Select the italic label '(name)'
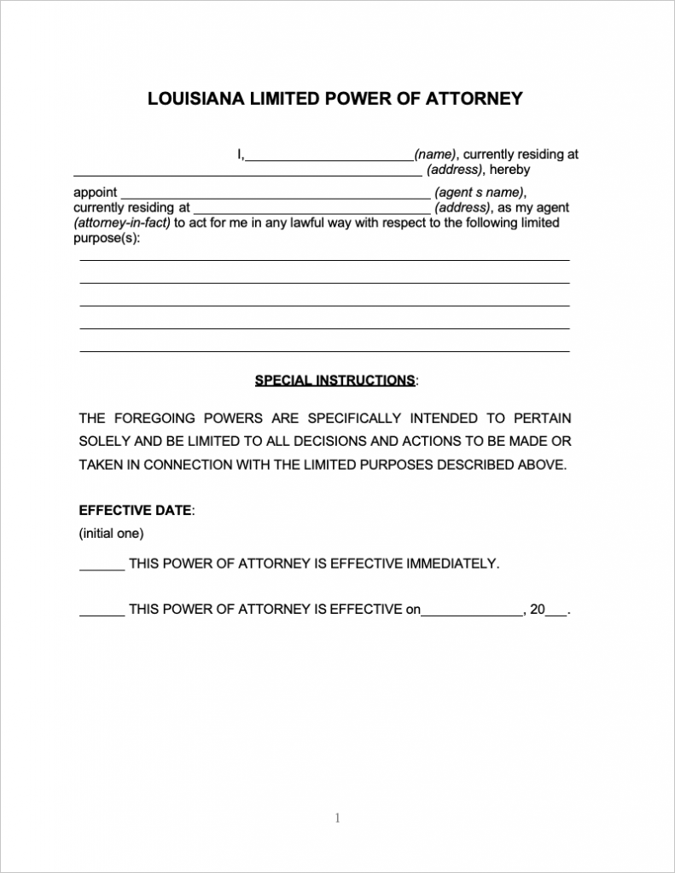[x=435, y=155]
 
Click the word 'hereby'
[x=509, y=170]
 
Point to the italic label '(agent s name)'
[x=480, y=193]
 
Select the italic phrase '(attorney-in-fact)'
[x=122, y=223]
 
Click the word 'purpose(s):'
[x=106, y=238]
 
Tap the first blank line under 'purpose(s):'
[x=324, y=259]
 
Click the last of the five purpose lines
[x=324, y=350]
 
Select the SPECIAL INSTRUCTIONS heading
[x=335, y=380]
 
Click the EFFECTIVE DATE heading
[x=136, y=511]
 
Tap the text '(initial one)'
[x=112, y=534]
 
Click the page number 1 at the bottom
[x=337, y=818]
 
